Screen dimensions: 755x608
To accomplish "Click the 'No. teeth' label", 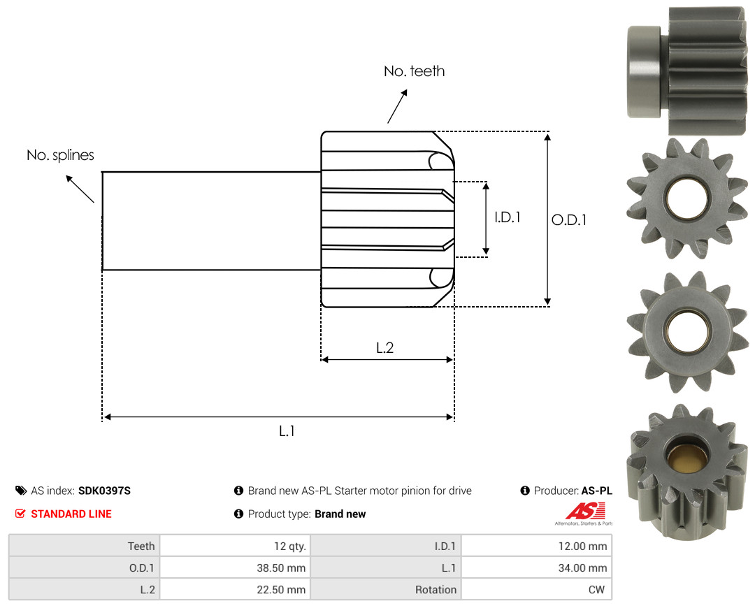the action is point(414,71).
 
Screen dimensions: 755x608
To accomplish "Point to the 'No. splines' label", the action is point(60,155).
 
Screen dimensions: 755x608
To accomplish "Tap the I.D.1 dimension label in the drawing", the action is point(508,217).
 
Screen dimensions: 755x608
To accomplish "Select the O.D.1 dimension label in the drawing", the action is point(568,220).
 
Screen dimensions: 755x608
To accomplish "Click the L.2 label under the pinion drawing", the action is point(384,347).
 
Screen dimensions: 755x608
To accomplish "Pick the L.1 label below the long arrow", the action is point(287,431).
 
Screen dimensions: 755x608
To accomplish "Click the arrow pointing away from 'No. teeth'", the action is point(397,106).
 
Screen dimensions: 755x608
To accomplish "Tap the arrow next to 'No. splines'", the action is point(80,189).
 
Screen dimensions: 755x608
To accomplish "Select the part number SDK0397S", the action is point(104,491).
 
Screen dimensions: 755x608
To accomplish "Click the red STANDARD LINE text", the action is point(71,514).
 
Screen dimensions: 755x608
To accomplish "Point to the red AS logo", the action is point(585,511).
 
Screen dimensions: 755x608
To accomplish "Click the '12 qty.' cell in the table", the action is point(290,547).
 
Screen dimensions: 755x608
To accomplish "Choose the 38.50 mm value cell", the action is point(281,568).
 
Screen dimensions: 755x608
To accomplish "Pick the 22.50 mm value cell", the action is point(281,590).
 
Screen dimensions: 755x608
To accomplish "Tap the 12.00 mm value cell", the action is point(582,547).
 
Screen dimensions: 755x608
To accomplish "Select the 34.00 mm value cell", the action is point(582,568).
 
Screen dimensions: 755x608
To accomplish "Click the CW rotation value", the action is point(596,590).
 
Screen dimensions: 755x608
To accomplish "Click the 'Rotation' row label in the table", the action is point(436,590).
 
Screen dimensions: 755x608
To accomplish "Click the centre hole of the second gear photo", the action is point(687,198).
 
